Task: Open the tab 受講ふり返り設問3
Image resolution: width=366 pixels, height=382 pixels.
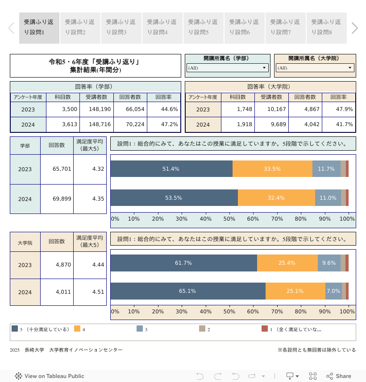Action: pyautogui.click(x=121, y=28)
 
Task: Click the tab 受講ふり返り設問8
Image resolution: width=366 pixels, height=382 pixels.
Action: pyautogui.click(x=326, y=28)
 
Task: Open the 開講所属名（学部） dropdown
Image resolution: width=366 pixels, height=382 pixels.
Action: pyautogui.click(x=227, y=68)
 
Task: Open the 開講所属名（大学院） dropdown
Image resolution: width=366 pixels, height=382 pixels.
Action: pyautogui.click(x=315, y=68)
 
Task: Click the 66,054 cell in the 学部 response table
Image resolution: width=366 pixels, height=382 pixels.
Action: pyautogui.click(x=130, y=109)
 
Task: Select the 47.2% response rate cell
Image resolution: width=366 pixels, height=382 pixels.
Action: pyautogui.click(x=163, y=124)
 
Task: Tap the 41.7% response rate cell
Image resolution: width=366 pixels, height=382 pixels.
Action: pyautogui.click(x=338, y=124)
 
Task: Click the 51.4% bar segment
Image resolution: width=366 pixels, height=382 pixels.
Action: pyautogui.click(x=171, y=169)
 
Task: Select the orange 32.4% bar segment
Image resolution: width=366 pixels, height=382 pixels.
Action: pyautogui.click(x=276, y=198)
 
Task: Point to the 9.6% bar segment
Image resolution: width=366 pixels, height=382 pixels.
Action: pyautogui.click(x=329, y=263)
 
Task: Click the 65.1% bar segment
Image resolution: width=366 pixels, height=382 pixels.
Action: pyautogui.click(x=188, y=291)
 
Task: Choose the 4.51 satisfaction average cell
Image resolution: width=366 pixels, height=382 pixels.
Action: pyautogui.click(x=90, y=292)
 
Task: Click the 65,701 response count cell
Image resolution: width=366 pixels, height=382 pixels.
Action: pyautogui.click(x=57, y=169)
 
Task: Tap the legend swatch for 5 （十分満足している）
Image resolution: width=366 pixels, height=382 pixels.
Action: pyautogui.click(x=15, y=329)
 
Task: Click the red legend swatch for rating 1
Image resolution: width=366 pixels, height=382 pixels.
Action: pyautogui.click(x=265, y=329)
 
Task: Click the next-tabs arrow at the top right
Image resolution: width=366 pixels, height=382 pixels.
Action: pyautogui.click(x=354, y=28)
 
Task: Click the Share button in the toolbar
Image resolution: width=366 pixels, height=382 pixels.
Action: pyautogui.click(x=339, y=376)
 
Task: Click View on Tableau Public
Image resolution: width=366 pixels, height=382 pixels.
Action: pyautogui.click(x=50, y=376)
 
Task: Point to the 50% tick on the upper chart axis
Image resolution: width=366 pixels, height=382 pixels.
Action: pyautogui.click(x=229, y=219)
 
